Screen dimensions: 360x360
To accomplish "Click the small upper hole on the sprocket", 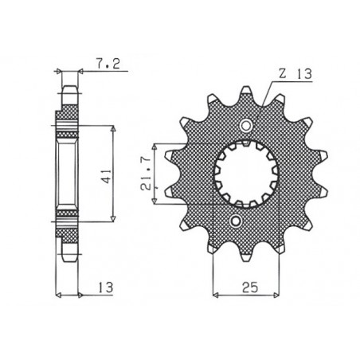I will pyautogui.click(x=245, y=126).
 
